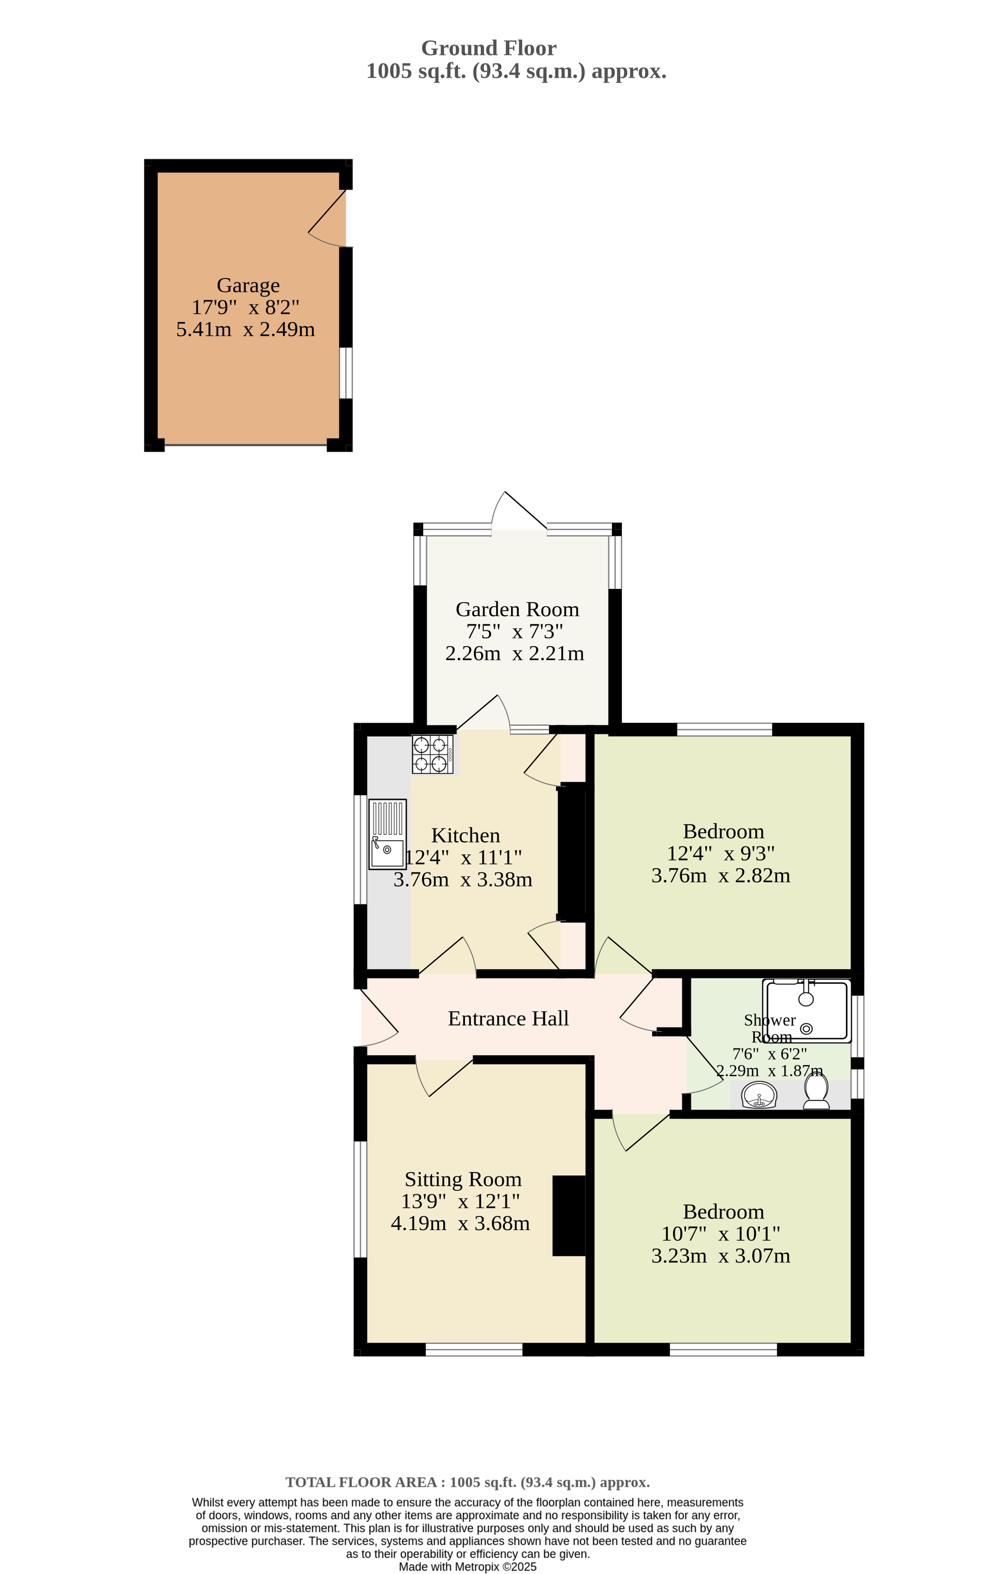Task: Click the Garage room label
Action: click(x=248, y=285)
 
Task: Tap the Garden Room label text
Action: click(x=517, y=610)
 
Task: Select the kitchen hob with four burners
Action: click(x=432, y=754)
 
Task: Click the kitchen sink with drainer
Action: click(x=387, y=834)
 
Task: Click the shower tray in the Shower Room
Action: click(x=806, y=1010)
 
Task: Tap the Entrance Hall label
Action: click(x=508, y=1019)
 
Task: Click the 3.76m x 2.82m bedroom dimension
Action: click(x=721, y=875)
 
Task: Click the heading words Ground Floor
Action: click(x=488, y=48)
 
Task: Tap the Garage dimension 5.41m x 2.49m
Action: click(x=246, y=330)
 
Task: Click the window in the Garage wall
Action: click(x=346, y=372)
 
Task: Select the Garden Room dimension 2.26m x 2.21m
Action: click(x=514, y=653)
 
